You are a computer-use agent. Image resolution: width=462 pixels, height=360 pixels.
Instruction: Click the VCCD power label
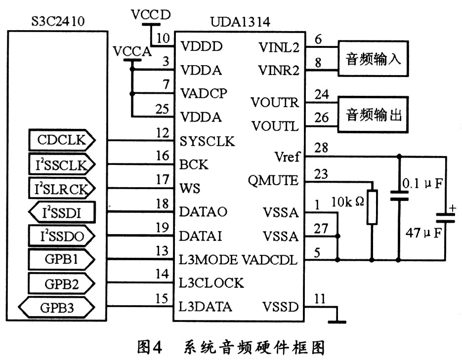tap(151, 15)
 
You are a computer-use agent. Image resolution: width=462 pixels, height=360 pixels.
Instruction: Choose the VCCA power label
tap(131, 52)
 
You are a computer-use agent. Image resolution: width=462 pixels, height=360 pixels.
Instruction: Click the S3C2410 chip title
tap(51, 22)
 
